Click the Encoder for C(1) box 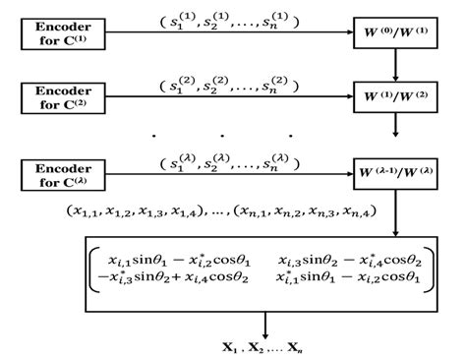(61, 32)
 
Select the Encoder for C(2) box (61, 97)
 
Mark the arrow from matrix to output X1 (263, 323)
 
